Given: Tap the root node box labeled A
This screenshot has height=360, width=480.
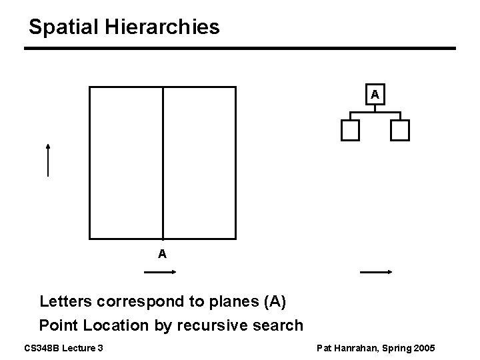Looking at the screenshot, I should (x=375, y=95).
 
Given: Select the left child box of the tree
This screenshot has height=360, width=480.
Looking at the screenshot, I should (x=350, y=131).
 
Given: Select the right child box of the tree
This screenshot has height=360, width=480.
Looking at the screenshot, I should (x=399, y=131).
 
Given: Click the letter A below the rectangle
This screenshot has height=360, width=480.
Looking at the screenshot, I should (x=162, y=254).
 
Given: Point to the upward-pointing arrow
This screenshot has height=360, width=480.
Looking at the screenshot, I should (x=48, y=159).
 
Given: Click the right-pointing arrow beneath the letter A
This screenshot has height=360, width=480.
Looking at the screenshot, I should (x=159, y=271).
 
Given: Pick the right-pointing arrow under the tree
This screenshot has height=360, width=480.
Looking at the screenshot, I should (x=375, y=271).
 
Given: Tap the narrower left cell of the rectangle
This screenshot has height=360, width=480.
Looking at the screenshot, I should (x=127, y=163).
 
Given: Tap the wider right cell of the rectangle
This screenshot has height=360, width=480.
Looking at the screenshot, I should (x=199, y=163).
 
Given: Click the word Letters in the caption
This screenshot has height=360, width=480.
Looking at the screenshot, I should (x=65, y=301).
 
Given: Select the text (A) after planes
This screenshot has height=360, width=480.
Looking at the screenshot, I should (x=275, y=301).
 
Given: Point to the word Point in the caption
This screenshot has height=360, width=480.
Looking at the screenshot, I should (x=56, y=326).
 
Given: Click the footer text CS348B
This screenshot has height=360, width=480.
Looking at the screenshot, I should (x=42, y=347).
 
